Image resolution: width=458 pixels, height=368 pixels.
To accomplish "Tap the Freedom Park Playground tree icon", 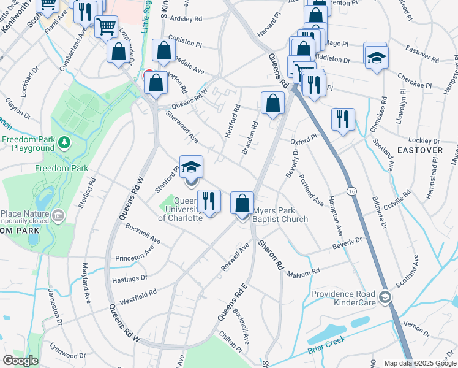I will [x=64, y=143].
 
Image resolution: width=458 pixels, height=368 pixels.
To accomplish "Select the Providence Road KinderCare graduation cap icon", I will [x=385, y=298].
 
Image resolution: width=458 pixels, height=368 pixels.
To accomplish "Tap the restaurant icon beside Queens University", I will [x=209, y=201].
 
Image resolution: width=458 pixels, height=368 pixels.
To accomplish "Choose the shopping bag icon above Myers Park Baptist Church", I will [x=242, y=203].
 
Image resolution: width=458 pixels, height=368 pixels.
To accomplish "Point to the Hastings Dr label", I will [x=130, y=278].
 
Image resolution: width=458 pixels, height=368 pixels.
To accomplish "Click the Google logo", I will [x=21, y=361].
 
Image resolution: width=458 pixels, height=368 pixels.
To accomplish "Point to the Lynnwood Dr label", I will [x=67, y=355].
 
